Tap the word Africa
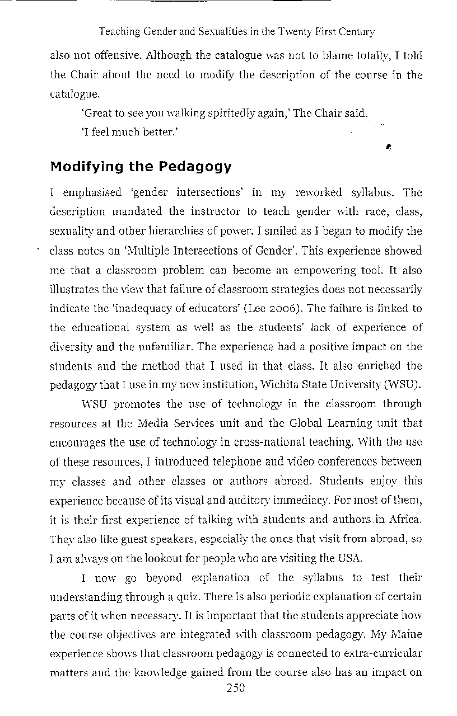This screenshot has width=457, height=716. pos(404,519)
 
